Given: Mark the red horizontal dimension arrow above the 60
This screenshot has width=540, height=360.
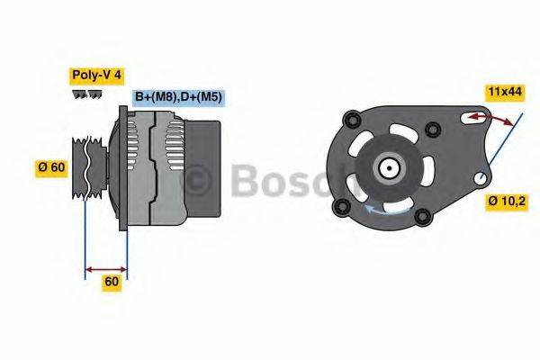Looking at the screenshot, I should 106,267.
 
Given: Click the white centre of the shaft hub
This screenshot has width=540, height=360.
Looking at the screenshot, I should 389,167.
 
